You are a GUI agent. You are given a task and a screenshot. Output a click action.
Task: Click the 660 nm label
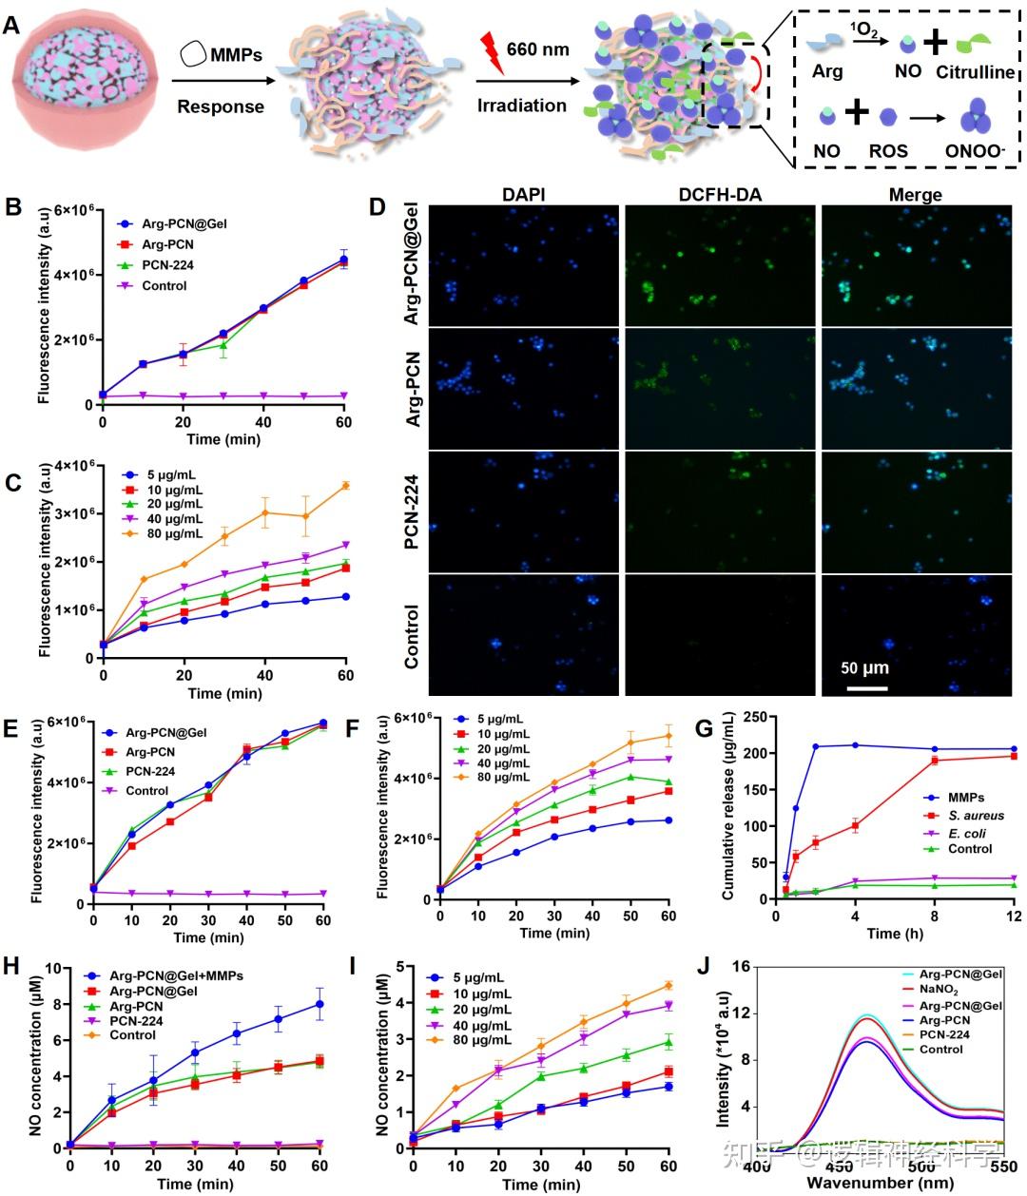(537, 48)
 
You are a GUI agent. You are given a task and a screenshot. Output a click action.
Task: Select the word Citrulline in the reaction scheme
(976, 71)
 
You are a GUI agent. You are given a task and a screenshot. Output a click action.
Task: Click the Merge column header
(914, 196)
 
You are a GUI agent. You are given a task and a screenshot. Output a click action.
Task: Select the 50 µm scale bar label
(864, 668)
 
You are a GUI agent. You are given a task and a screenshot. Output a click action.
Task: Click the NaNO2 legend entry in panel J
(940, 991)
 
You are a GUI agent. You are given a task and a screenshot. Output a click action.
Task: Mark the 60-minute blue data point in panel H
(320, 1004)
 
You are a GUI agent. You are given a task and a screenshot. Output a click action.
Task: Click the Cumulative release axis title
(728, 809)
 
